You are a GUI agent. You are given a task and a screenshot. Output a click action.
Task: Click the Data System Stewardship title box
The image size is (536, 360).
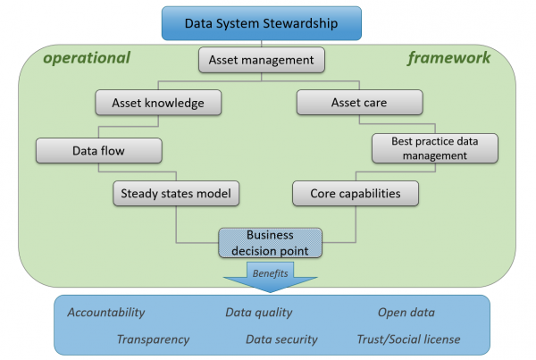point(262,23)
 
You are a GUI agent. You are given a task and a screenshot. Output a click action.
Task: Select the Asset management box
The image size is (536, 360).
point(262,60)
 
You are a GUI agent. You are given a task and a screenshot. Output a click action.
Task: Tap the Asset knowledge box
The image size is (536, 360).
point(158,103)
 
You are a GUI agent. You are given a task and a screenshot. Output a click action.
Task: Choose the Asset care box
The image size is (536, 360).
point(360,102)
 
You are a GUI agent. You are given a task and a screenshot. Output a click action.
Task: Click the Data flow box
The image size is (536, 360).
point(99,150)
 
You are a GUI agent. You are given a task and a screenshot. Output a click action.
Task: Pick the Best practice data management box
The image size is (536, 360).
point(435,148)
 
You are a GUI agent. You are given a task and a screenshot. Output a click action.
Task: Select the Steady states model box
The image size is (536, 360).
point(176,193)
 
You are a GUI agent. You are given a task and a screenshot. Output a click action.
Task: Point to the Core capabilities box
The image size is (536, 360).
point(356,193)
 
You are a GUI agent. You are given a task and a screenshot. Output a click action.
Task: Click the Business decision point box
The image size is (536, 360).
point(270,243)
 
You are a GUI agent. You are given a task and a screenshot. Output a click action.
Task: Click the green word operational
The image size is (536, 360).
point(87,58)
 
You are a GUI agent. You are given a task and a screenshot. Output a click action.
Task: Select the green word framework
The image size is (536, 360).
point(449,57)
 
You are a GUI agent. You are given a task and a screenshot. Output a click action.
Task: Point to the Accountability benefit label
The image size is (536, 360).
point(106,312)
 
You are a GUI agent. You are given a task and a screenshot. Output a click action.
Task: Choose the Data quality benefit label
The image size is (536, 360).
point(259,312)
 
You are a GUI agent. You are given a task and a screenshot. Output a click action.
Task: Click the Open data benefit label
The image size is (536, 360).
point(406,312)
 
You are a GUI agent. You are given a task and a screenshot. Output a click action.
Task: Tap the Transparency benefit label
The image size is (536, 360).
point(153,339)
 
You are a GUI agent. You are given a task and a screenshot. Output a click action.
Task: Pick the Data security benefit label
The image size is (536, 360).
point(281,339)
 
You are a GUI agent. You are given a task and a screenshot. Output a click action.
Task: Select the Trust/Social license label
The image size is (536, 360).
point(408,339)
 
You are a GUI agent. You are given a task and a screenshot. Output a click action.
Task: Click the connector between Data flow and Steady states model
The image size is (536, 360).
point(138,172)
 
